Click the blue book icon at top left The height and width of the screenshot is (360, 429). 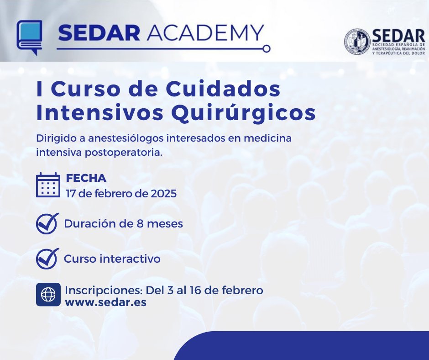pyautogui.click(x=30, y=37)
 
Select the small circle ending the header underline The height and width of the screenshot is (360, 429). pyautogui.click(x=267, y=48)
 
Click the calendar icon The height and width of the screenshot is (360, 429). pyautogui.click(x=48, y=185)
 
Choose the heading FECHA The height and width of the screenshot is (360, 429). pyautogui.click(x=86, y=178)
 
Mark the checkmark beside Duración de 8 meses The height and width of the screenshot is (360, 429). pyautogui.click(x=47, y=223)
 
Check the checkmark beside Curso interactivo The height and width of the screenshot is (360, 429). pyautogui.click(x=47, y=259)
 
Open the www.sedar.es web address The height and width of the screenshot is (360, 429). pyautogui.click(x=106, y=302)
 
